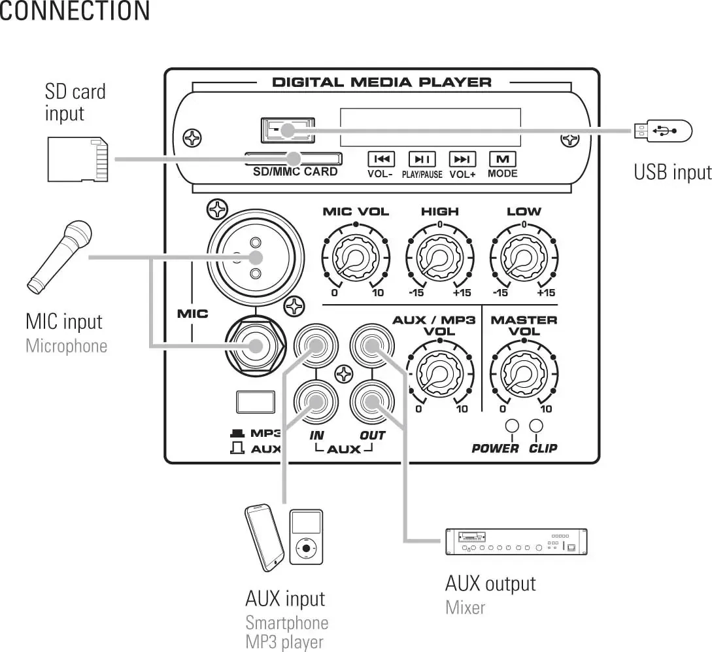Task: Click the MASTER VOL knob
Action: click(524, 374)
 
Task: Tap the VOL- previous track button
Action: click(382, 159)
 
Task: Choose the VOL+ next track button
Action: click(462, 159)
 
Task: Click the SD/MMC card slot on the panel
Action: click(294, 158)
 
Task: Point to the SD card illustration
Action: click(78, 159)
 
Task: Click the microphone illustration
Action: click(58, 255)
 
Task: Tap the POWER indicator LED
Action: click(512, 426)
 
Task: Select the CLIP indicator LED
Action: click(536, 426)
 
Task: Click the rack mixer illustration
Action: click(516, 541)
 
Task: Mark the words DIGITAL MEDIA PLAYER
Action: click(381, 82)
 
